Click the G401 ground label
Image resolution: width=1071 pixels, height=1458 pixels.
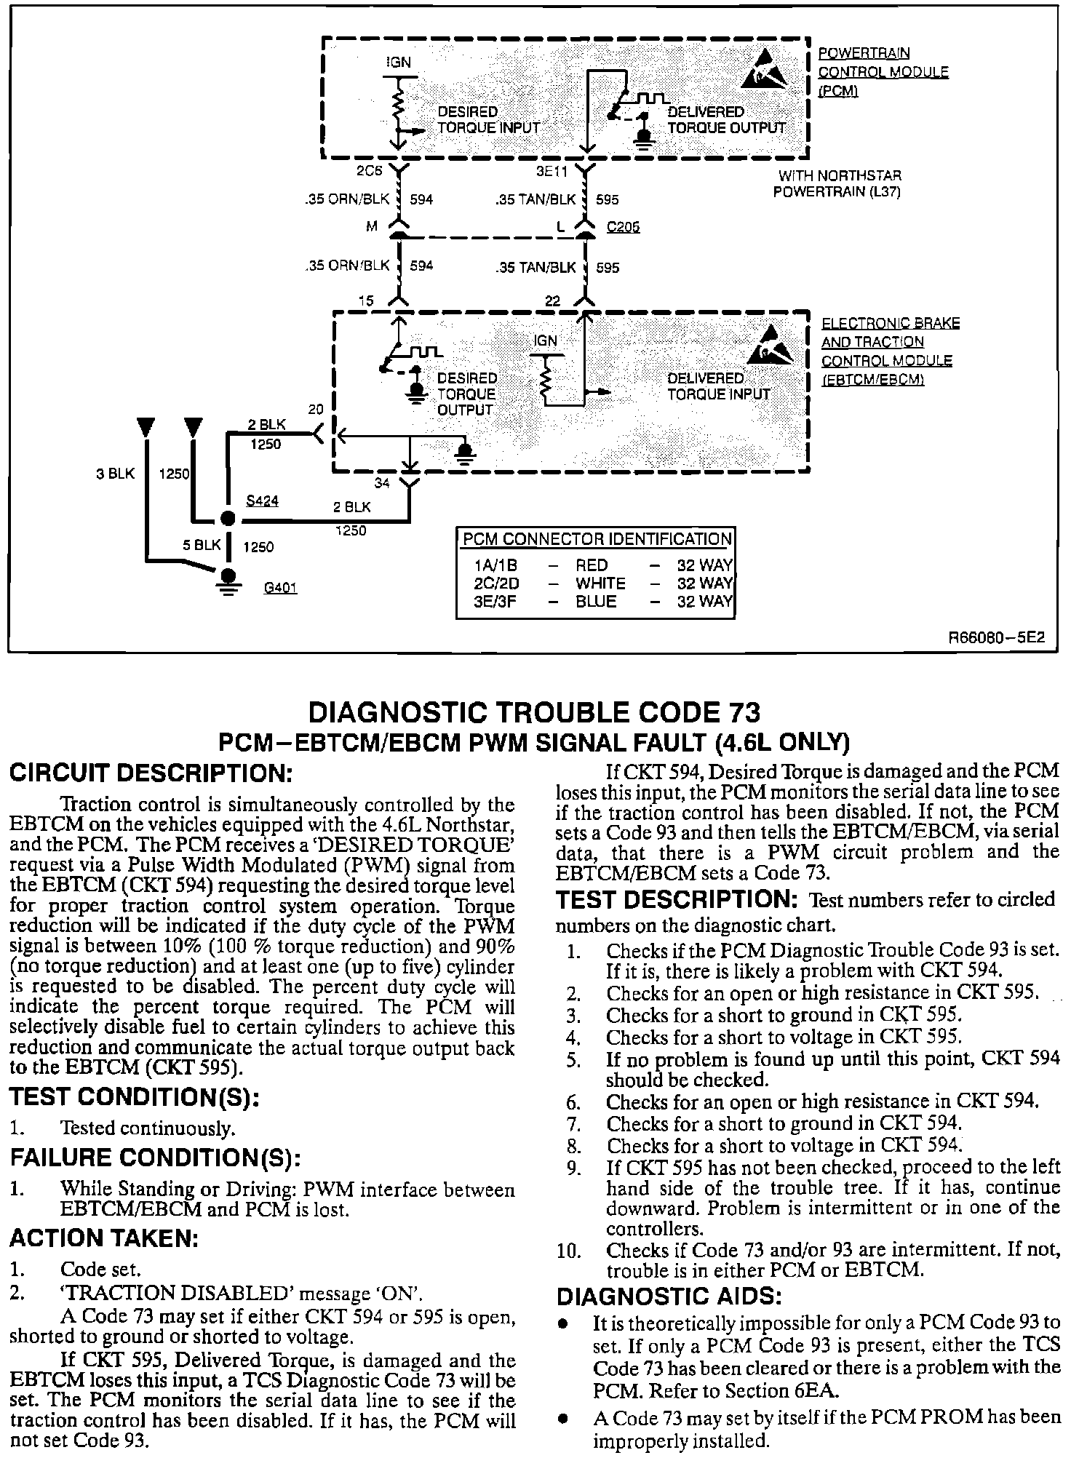pyautogui.click(x=280, y=588)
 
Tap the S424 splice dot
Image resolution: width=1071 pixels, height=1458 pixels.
pyautogui.click(x=228, y=519)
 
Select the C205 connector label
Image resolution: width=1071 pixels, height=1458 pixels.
pyautogui.click(x=624, y=228)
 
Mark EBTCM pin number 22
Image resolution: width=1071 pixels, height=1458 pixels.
pyautogui.click(x=554, y=300)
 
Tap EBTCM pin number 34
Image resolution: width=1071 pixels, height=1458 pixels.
pyautogui.click(x=382, y=483)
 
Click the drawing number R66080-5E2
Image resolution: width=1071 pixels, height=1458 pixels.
pyautogui.click(x=995, y=638)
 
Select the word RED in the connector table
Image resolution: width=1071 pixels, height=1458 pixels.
pyautogui.click(x=592, y=565)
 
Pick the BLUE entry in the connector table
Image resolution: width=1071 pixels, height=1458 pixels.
pyautogui.click(x=596, y=602)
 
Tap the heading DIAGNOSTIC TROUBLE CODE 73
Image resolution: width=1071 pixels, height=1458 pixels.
pyautogui.click(x=535, y=712)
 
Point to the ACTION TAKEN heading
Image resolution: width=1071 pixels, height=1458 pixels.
pyautogui.click(x=103, y=1238)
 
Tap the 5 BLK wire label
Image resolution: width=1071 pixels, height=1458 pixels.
pyautogui.click(x=202, y=545)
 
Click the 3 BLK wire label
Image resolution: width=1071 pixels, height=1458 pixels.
pyautogui.click(x=115, y=474)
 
